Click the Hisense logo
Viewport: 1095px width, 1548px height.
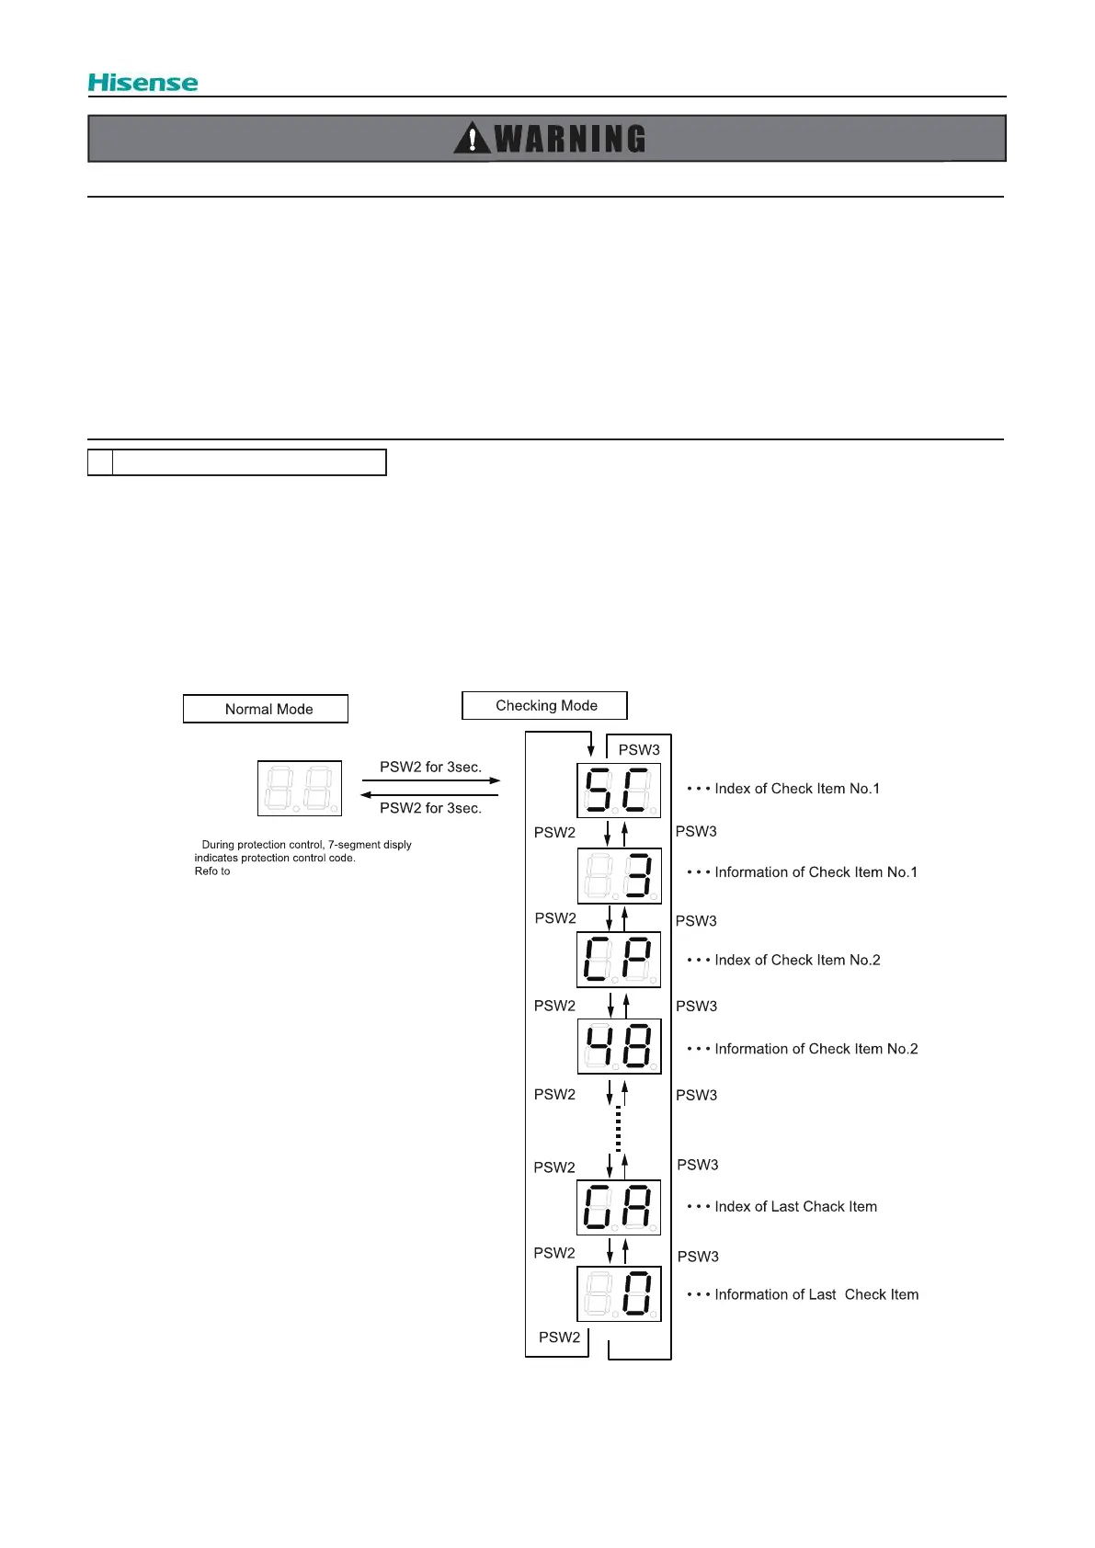coord(143,83)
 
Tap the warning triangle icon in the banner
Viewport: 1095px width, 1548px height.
coord(472,138)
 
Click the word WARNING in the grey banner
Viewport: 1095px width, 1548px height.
coord(570,139)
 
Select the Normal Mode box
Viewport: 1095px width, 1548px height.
coord(266,709)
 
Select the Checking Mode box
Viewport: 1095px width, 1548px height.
coord(544,705)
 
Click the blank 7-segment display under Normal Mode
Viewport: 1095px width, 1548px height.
coord(300,788)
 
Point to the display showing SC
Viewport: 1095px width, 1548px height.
coord(619,790)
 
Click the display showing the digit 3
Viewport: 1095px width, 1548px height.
coord(619,875)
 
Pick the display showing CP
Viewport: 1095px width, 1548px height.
coord(619,960)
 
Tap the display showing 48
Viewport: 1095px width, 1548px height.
coord(619,1046)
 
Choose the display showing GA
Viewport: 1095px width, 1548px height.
coord(619,1207)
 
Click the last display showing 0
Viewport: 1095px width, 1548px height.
coord(619,1293)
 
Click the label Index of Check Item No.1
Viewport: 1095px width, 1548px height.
coord(796,789)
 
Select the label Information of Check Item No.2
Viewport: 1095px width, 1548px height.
coord(816,1049)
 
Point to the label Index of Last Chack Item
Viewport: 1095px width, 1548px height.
coord(795,1207)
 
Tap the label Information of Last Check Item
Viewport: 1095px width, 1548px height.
coord(816,1294)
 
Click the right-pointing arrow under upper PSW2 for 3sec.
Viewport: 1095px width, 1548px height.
coord(431,780)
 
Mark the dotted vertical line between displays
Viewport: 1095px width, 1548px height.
coord(618,1128)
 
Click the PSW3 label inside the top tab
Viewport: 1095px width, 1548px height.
coord(639,750)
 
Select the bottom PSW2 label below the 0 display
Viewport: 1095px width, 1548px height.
coord(559,1337)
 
